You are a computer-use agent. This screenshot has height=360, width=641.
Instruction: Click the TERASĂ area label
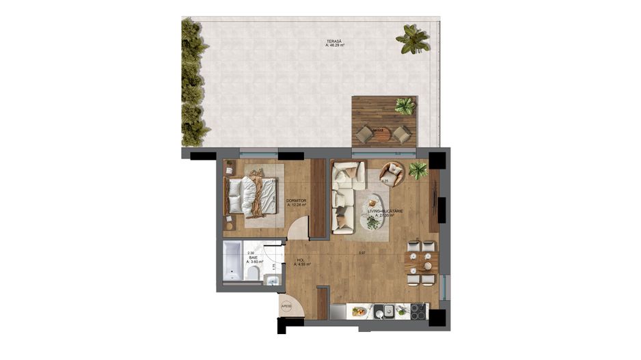[335, 44]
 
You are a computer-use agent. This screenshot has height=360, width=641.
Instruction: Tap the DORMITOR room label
[296, 202]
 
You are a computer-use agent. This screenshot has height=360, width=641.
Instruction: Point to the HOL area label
[301, 262]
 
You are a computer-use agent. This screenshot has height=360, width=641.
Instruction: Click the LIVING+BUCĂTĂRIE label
[385, 213]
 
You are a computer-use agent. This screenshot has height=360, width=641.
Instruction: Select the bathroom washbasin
[271, 281]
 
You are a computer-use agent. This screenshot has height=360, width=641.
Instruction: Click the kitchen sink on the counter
[388, 311]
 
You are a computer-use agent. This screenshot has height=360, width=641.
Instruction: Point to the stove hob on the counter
[416, 311]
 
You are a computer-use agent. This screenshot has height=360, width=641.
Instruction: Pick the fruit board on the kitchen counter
[359, 311]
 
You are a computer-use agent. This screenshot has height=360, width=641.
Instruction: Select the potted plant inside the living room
[418, 169]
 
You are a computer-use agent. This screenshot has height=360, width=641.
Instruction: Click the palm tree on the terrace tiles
[413, 39]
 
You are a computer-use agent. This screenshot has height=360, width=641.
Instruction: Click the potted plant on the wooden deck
[405, 106]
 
